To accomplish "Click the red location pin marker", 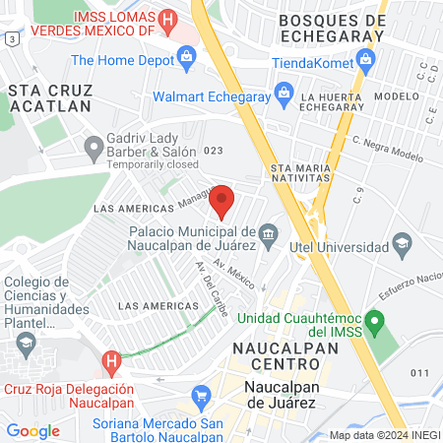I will (222, 201).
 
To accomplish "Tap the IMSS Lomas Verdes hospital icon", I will (168, 20).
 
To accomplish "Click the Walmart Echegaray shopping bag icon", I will (284, 96).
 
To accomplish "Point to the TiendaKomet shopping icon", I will (365, 62).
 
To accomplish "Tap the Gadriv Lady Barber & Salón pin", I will (95, 150).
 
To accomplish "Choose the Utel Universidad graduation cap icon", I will (401, 242).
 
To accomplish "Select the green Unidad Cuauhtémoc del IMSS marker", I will (373, 321).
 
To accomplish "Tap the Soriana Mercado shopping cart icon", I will (202, 398).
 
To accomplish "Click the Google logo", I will (32, 430).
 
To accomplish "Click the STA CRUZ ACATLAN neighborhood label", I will (49, 96).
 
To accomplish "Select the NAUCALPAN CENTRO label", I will (277, 357).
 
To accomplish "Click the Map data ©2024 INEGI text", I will (384, 435).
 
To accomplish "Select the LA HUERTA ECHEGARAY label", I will (337, 103).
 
